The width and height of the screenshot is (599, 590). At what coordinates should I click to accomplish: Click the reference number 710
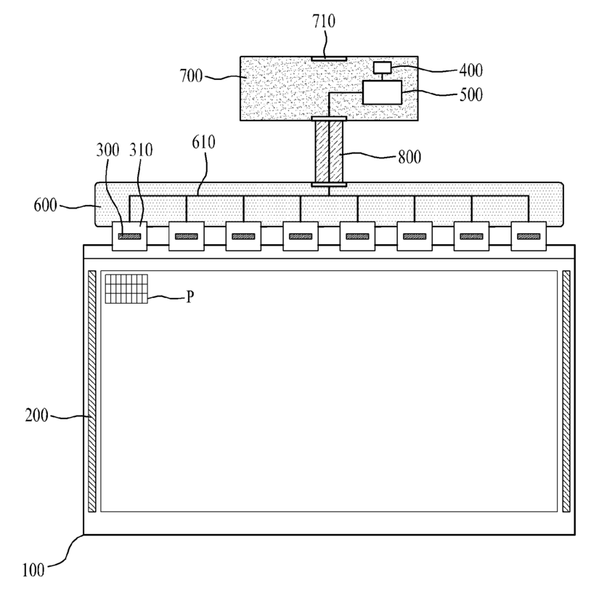tap(324, 22)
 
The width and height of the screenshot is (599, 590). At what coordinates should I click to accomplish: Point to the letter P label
tap(190, 296)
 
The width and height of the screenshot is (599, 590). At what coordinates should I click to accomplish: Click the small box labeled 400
tap(382, 68)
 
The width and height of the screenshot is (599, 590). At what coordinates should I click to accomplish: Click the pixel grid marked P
tap(126, 288)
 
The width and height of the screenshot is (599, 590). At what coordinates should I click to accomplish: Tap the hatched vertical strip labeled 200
tap(91, 390)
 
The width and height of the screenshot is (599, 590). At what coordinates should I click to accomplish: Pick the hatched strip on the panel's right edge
tap(566, 390)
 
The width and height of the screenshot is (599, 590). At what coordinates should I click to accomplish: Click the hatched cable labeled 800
tap(329, 152)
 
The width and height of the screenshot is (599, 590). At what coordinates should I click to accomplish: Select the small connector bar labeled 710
tap(329, 57)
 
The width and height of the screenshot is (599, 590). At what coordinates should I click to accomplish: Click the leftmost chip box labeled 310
tap(130, 236)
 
